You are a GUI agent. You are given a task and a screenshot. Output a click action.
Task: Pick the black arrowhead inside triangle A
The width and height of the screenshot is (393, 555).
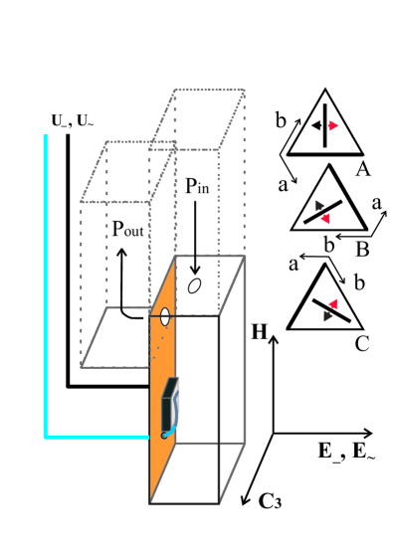pos(314,126)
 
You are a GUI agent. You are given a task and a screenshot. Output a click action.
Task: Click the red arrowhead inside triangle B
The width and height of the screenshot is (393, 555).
pos(325,218)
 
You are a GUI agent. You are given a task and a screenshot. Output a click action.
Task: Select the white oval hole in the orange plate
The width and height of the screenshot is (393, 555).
pos(158,319)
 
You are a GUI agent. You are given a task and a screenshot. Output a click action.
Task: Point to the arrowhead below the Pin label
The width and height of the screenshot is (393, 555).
pos(196,270)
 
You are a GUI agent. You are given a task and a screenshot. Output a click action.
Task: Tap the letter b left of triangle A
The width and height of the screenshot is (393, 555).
pos(282,120)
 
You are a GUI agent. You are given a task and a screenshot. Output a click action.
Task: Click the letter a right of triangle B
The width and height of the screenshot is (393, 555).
pos(377,202)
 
